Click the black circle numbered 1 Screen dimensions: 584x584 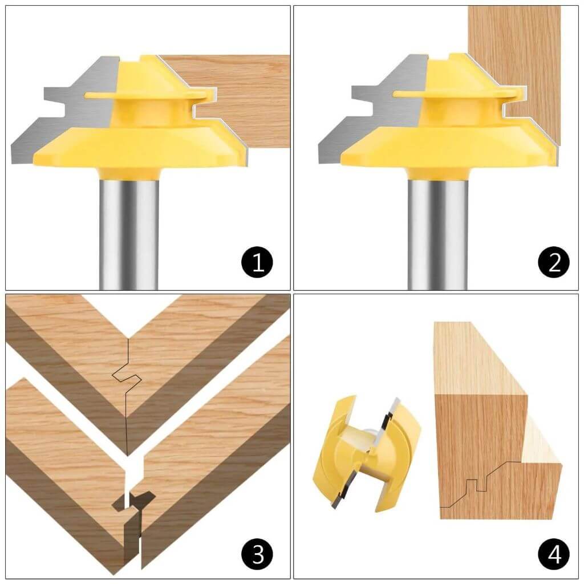[x=257, y=262]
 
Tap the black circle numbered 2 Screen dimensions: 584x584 [x=553, y=262]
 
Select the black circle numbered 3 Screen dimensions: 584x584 [x=257, y=553]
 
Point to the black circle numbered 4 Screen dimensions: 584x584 [x=553, y=553]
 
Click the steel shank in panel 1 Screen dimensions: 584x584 [x=128, y=228]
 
